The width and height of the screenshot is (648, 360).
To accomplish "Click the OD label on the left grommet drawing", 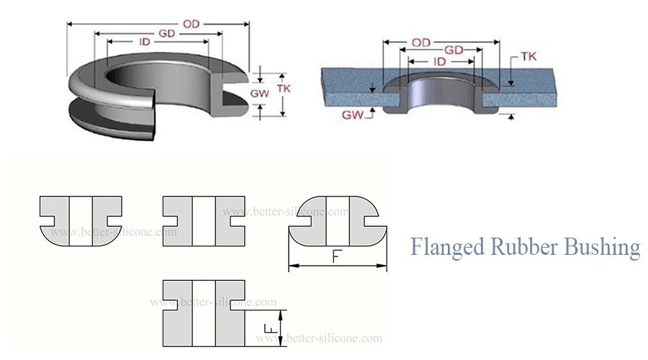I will (x=191, y=24).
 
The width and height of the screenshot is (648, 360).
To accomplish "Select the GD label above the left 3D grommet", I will (x=167, y=34).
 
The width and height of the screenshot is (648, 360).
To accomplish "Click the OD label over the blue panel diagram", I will (x=422, y=42).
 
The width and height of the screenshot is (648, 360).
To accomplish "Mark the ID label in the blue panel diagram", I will (x=439, y=62).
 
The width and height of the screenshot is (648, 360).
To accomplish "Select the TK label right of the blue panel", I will (x=528, y=58).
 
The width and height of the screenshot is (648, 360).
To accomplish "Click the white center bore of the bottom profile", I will (x=204, y=313).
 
